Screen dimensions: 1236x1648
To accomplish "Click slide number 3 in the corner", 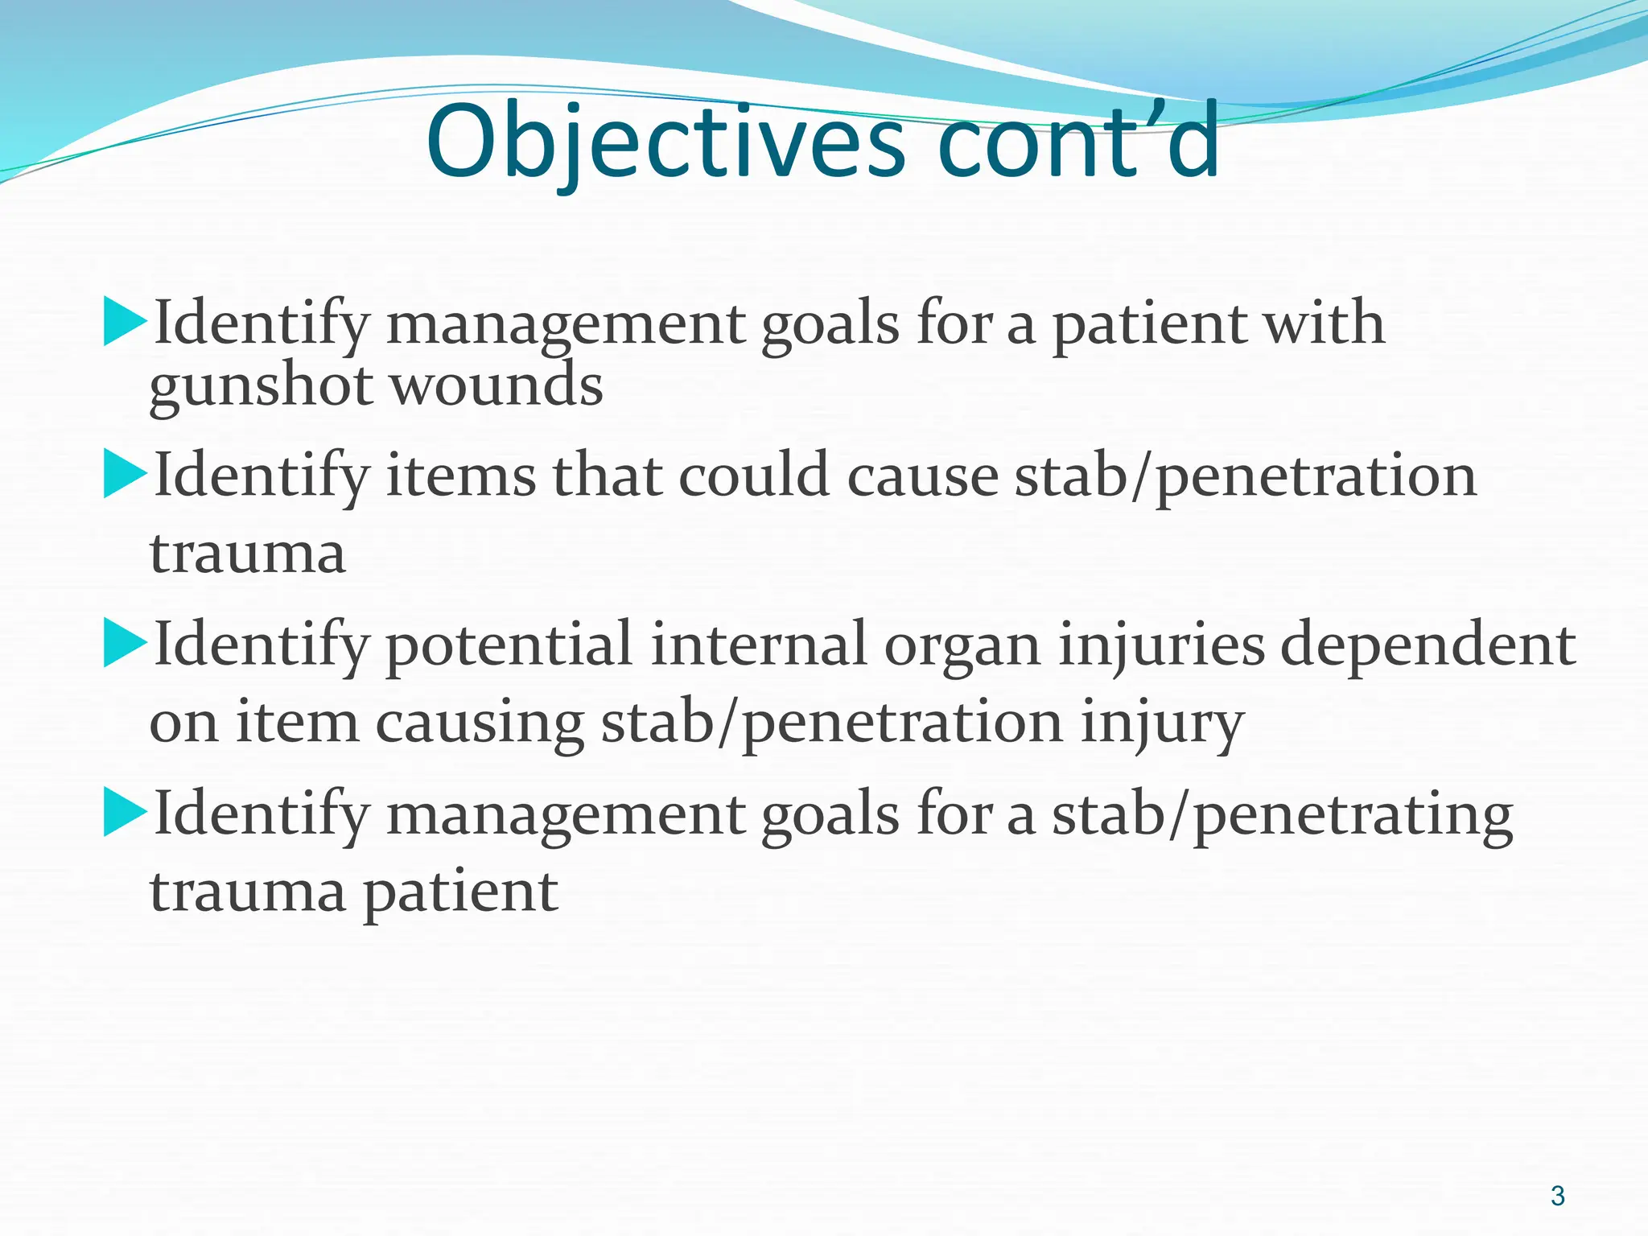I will [x=1558, y=1196].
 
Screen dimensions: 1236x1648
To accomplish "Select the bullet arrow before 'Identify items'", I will [x=125, y=475].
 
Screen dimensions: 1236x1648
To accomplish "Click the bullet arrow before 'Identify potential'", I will [x=125, y=645].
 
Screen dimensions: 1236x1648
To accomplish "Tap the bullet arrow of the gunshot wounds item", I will [x=125, y=323].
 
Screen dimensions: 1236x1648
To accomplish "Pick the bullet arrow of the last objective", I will [x=125, y=814].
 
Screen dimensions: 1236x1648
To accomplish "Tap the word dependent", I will [x=1428, y=645].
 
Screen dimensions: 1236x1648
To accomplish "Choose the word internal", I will [x=759, y=645].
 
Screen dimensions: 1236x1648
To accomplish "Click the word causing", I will [x=480, y=723].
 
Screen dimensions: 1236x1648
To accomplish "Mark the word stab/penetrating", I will [x=1283, y=814].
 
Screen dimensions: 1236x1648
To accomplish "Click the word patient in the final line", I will [x=460, y=892].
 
